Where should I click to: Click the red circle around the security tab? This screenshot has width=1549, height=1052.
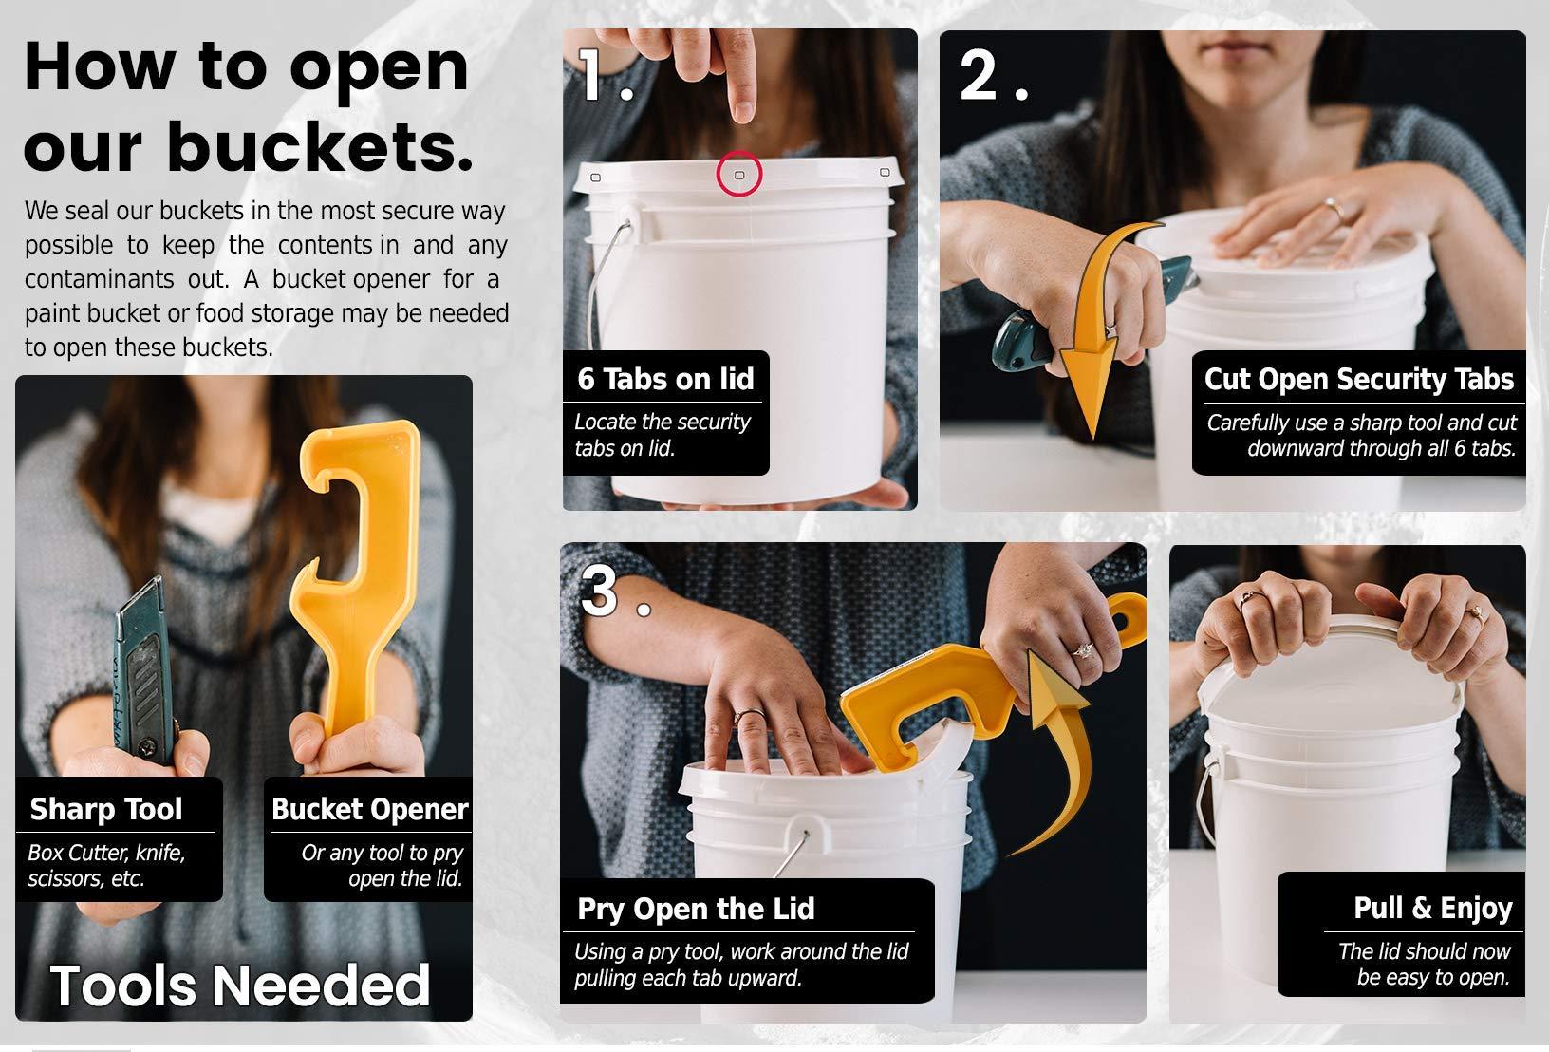738,152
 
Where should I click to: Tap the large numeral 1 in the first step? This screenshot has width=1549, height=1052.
589,74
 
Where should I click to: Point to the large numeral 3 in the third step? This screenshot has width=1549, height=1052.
599,590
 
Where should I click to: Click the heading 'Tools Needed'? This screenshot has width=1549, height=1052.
240,985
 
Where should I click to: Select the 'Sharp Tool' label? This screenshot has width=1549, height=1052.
105,809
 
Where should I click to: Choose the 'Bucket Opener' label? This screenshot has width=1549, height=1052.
369,809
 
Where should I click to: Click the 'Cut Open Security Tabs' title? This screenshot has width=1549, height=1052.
1359,379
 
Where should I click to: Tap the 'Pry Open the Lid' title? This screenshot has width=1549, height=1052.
696,909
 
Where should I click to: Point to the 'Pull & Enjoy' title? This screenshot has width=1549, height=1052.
1433,908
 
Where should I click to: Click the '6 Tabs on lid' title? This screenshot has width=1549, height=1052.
665,379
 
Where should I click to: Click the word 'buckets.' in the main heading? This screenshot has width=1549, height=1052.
320,146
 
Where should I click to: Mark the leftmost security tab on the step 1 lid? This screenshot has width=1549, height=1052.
595,178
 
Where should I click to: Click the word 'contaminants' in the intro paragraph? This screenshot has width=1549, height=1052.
99,279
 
